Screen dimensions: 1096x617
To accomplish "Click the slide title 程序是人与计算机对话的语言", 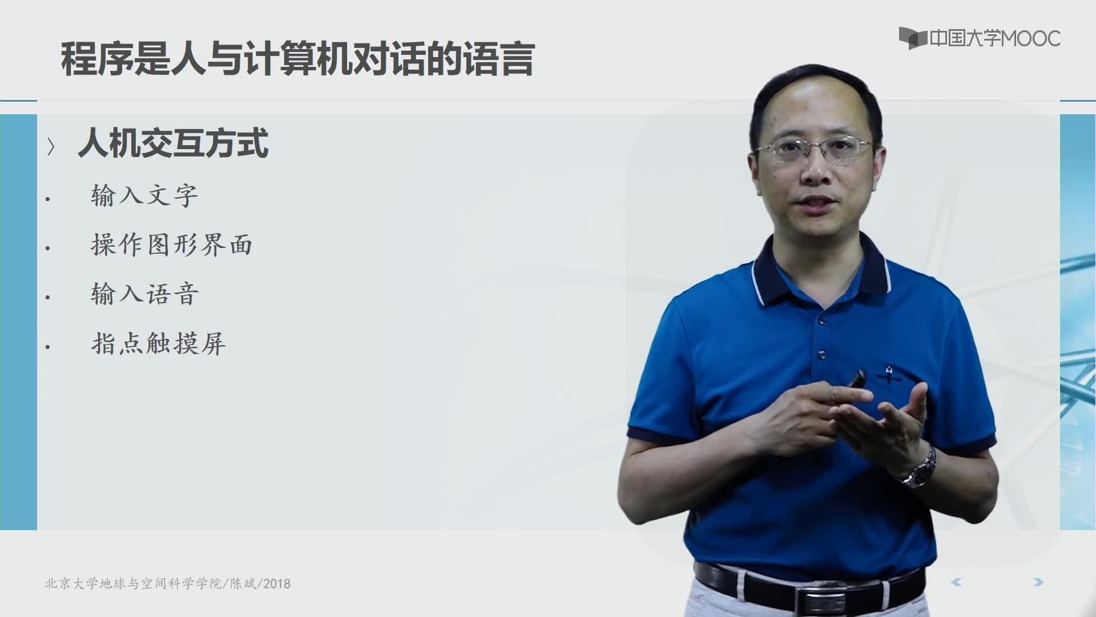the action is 297,59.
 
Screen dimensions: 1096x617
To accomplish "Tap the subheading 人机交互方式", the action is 173,143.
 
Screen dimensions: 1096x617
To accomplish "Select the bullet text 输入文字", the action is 144,196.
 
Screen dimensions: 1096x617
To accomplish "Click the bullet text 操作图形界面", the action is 172,245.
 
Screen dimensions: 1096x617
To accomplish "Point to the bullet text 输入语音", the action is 144,294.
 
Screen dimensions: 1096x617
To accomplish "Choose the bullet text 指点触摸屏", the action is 158,343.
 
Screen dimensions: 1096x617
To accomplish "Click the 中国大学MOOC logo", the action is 980,38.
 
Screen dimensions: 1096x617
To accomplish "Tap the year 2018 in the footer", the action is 277,584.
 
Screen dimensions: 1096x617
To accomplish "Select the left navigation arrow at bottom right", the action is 956,582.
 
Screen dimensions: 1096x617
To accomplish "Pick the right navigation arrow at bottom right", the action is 1038,582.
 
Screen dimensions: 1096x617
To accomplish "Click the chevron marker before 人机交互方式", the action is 51,147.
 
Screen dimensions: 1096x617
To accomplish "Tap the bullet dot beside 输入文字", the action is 48,199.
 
